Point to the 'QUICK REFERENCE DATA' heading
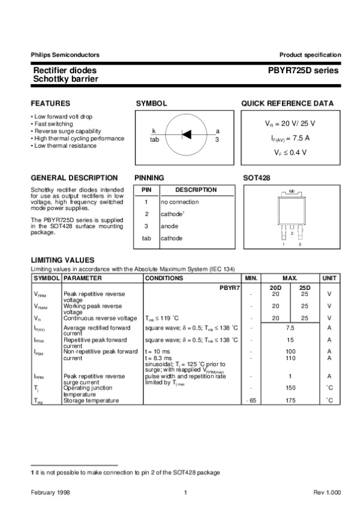(x=287, y=103)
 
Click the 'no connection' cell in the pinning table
(x=180, y=202)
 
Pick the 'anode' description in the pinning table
(x=169, y=226)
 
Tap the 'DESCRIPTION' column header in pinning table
(x=196, y=190)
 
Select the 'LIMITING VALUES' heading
(x=62, y=259)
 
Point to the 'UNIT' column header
(x=329, y=279)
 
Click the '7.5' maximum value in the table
(x=290, y=328)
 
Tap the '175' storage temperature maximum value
(x=290, y=400)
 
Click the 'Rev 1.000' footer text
(x=327, y=493)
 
